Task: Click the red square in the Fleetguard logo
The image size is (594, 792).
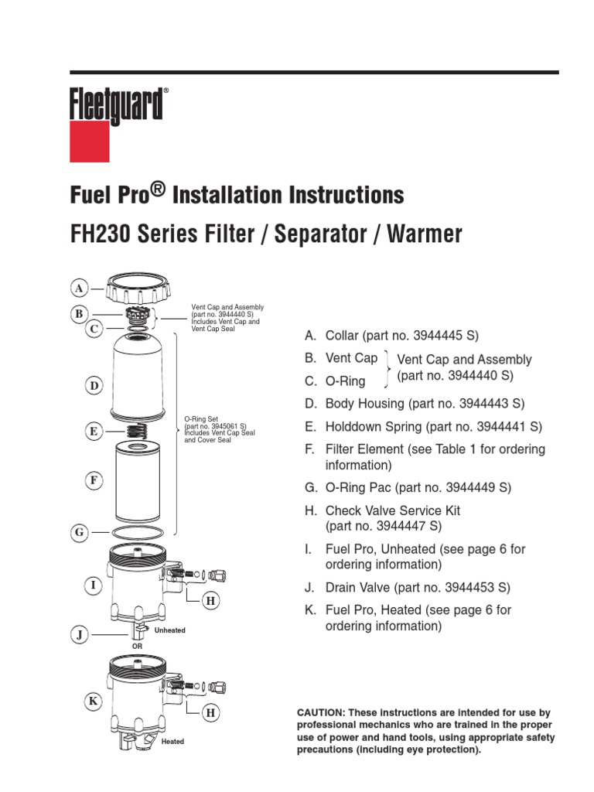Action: (90, 142)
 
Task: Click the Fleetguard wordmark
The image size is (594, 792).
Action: (117, 104)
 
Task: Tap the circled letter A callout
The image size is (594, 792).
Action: (79, 288)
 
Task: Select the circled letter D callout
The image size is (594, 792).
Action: (94, 385)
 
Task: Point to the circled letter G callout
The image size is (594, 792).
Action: (79, 532)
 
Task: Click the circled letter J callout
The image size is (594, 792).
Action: (79, 635)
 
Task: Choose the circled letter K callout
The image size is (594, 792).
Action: (94, 702)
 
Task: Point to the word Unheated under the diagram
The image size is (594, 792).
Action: (170, 630)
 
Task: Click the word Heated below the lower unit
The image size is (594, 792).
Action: (172, 742)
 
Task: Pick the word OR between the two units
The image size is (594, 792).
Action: (137, 645)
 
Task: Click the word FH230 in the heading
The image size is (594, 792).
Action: (101, 234)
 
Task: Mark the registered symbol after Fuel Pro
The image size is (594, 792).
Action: (158, 189)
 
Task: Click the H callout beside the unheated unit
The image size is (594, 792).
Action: (210, 600)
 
